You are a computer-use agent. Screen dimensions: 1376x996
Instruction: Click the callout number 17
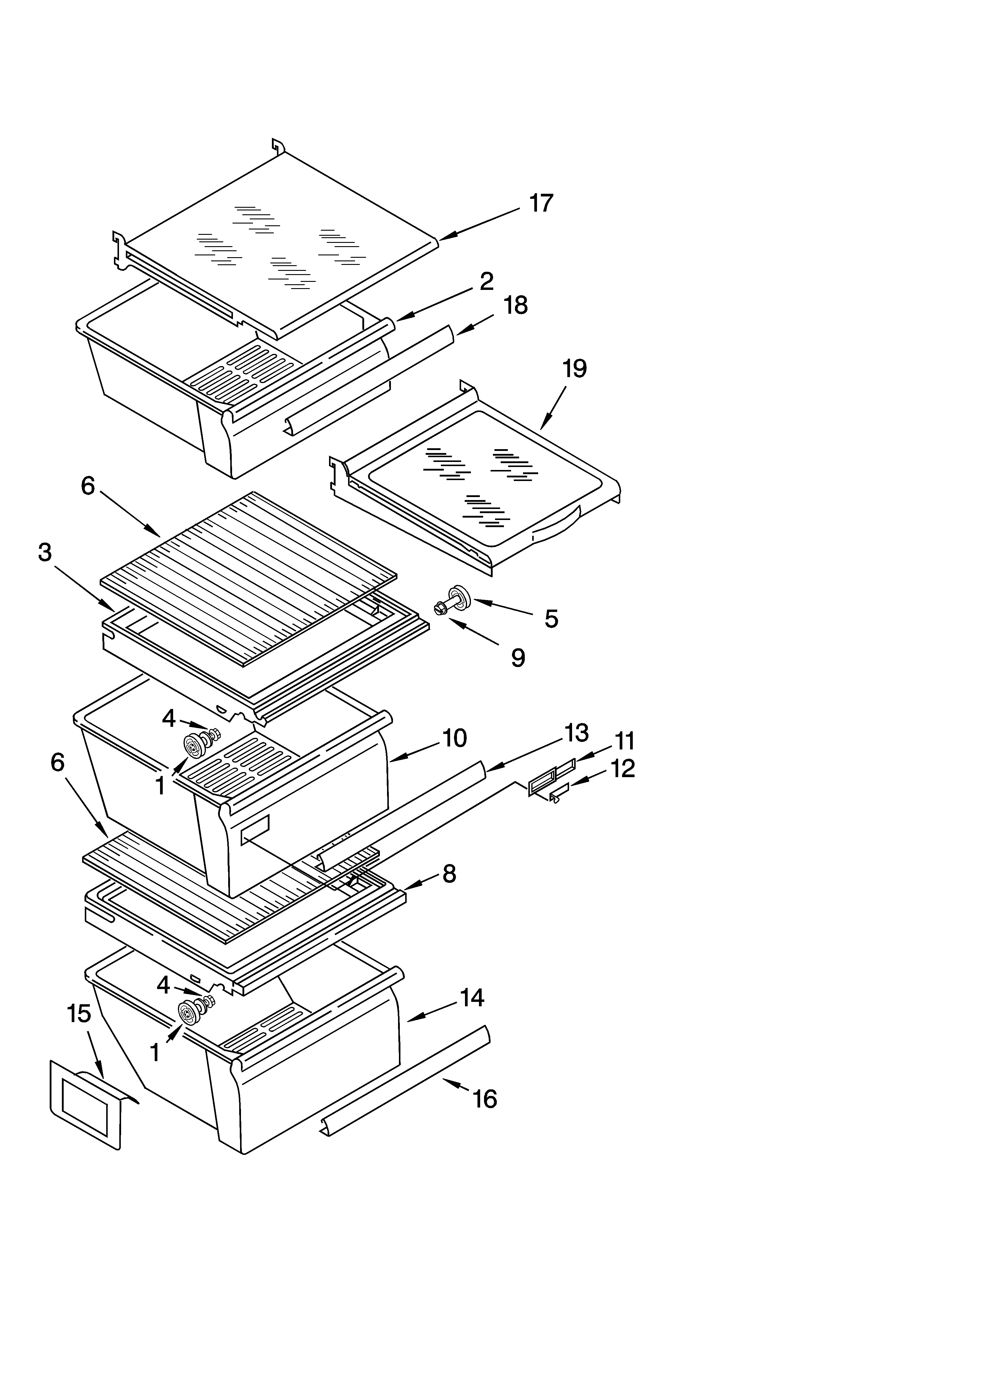[x=541, y=203]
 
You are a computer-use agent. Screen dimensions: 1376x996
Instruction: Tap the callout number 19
[x=574, y=368]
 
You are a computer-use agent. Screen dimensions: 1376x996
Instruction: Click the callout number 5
[x=551, y=619]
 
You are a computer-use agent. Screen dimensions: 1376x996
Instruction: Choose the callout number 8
[x=449, y=874]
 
